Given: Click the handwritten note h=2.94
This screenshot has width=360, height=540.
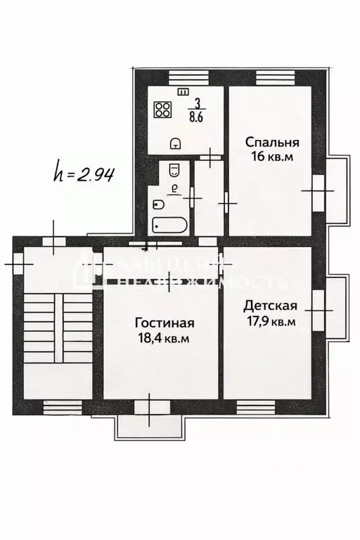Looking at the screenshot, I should click(x=84, y=172).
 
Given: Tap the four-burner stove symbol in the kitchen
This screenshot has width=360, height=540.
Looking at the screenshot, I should click(x=162, y=110).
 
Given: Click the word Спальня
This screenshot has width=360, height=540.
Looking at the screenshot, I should click(x=268, y=141).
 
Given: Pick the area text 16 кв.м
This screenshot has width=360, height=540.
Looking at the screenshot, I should click(x=268, y=156).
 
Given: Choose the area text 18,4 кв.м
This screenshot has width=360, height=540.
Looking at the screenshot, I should click(x=165, y=338).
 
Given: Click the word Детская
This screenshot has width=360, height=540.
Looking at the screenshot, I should click(x=270, y=306).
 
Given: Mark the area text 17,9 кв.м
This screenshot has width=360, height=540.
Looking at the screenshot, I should click(x=270, y=321).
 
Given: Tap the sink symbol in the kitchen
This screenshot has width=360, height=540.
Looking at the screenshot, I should click(x=176, y=143).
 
